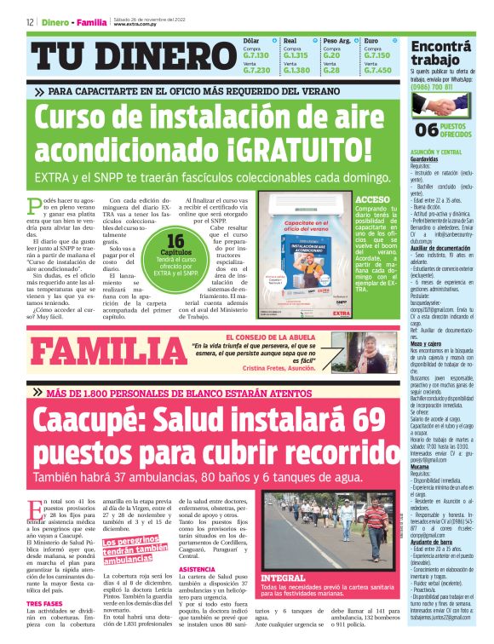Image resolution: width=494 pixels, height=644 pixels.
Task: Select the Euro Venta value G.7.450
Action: click(377, 70)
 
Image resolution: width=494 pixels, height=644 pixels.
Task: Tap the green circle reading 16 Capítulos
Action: click(176, 251)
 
